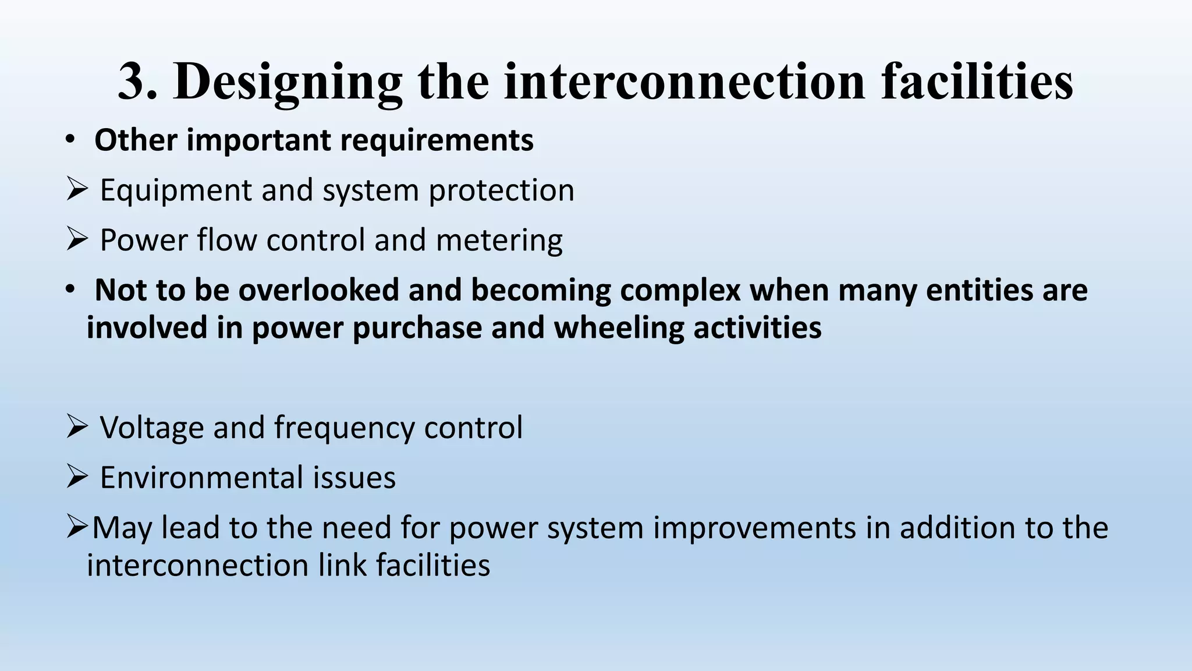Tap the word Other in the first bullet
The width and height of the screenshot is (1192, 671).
click(x=135, y=140)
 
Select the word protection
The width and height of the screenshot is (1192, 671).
click(x=501, y=191)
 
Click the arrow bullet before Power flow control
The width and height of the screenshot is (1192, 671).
click(x=77, y=239)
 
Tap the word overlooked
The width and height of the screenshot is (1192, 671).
click(x=318, y=290)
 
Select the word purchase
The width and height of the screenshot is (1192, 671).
click(x=417, y=329)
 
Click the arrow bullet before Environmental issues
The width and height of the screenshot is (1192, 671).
click(x=77, y=476)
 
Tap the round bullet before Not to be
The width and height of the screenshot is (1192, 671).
click(x=70, y=289)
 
